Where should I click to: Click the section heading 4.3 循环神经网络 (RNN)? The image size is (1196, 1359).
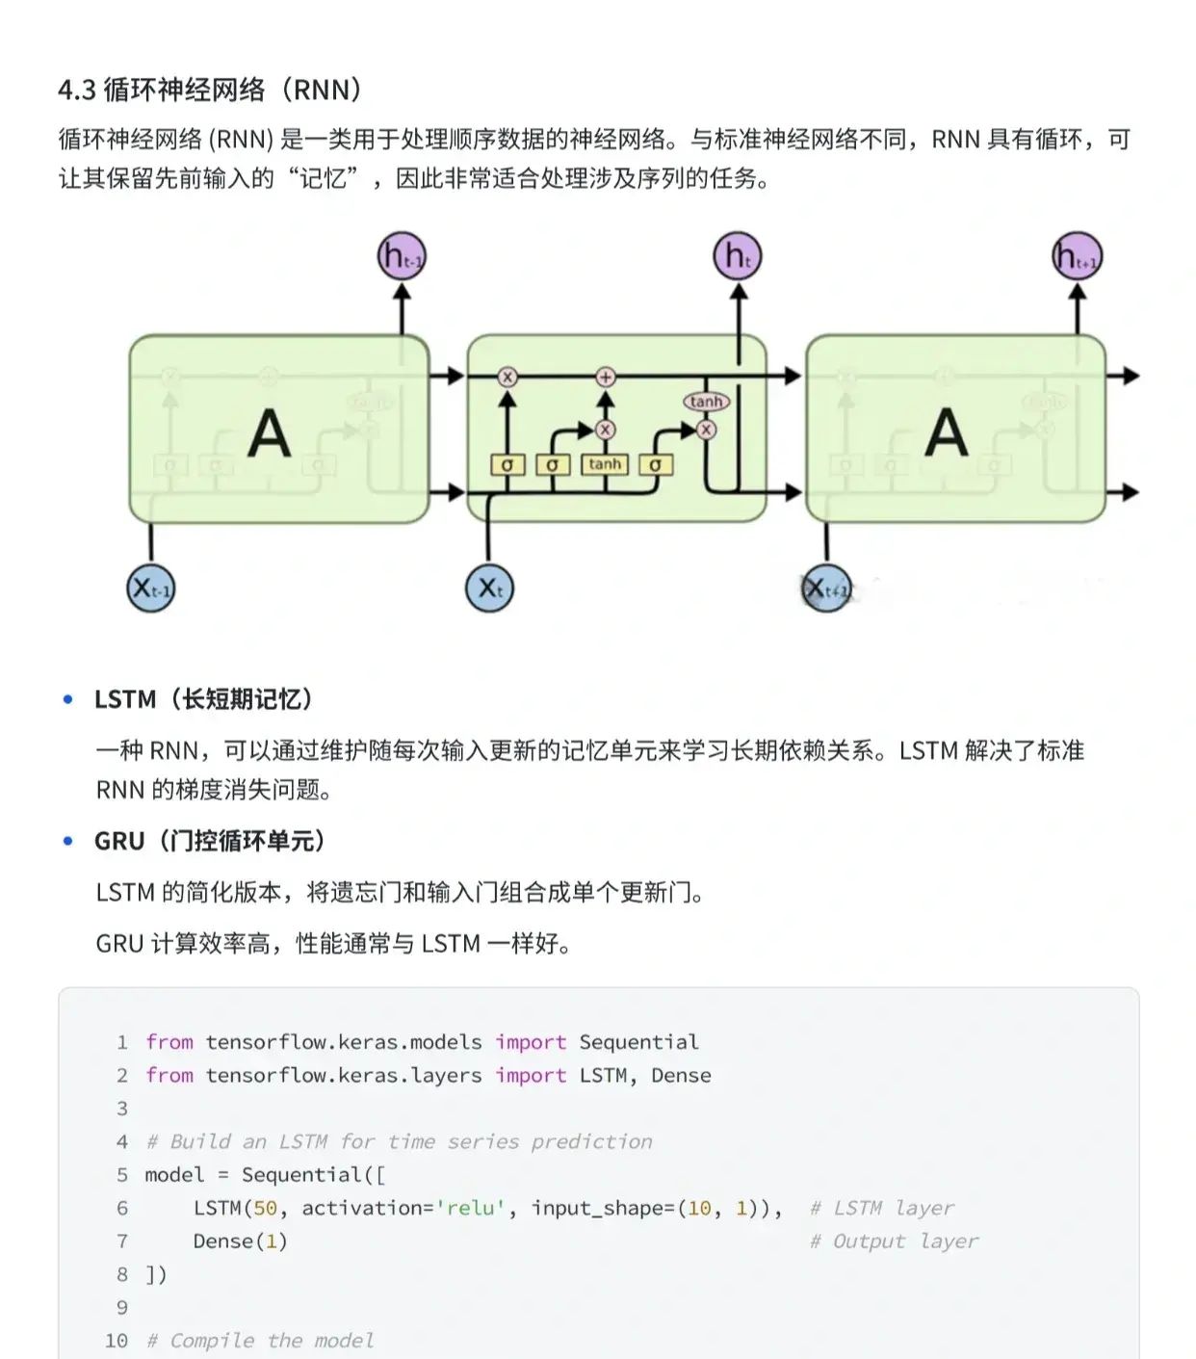pos(210,90)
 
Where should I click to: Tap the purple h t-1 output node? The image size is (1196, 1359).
pos(401,257)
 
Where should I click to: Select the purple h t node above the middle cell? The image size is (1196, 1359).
pos(738,257)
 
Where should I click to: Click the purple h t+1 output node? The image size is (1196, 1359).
pos(1077,257)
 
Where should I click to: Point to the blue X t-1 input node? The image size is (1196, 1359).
pos(151,588)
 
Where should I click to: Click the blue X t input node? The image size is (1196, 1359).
pos(489,588)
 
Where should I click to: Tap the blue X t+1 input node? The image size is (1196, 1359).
pos(826,588)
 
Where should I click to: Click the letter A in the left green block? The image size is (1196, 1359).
pos(269,433)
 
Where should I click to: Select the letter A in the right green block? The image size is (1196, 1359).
pos(946,433)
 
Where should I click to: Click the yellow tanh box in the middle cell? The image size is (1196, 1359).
pos(605,464)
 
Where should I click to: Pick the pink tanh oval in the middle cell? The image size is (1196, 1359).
pos(706,402)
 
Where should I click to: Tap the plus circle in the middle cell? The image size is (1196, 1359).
pos(605,377)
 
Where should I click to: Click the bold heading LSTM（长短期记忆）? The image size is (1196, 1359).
pos(203,699)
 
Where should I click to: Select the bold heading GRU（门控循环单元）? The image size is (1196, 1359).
pos(210,841)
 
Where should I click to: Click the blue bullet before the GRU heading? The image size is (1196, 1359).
pos(67,841)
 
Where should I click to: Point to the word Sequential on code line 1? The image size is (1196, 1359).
pos(638,1042)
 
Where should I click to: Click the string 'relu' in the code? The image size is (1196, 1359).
pos(470,1208)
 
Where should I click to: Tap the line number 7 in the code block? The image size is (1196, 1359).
pos(122,1241)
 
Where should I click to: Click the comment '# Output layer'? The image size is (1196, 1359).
pos(893,1241)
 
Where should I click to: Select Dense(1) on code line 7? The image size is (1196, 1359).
pos(240,1241)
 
